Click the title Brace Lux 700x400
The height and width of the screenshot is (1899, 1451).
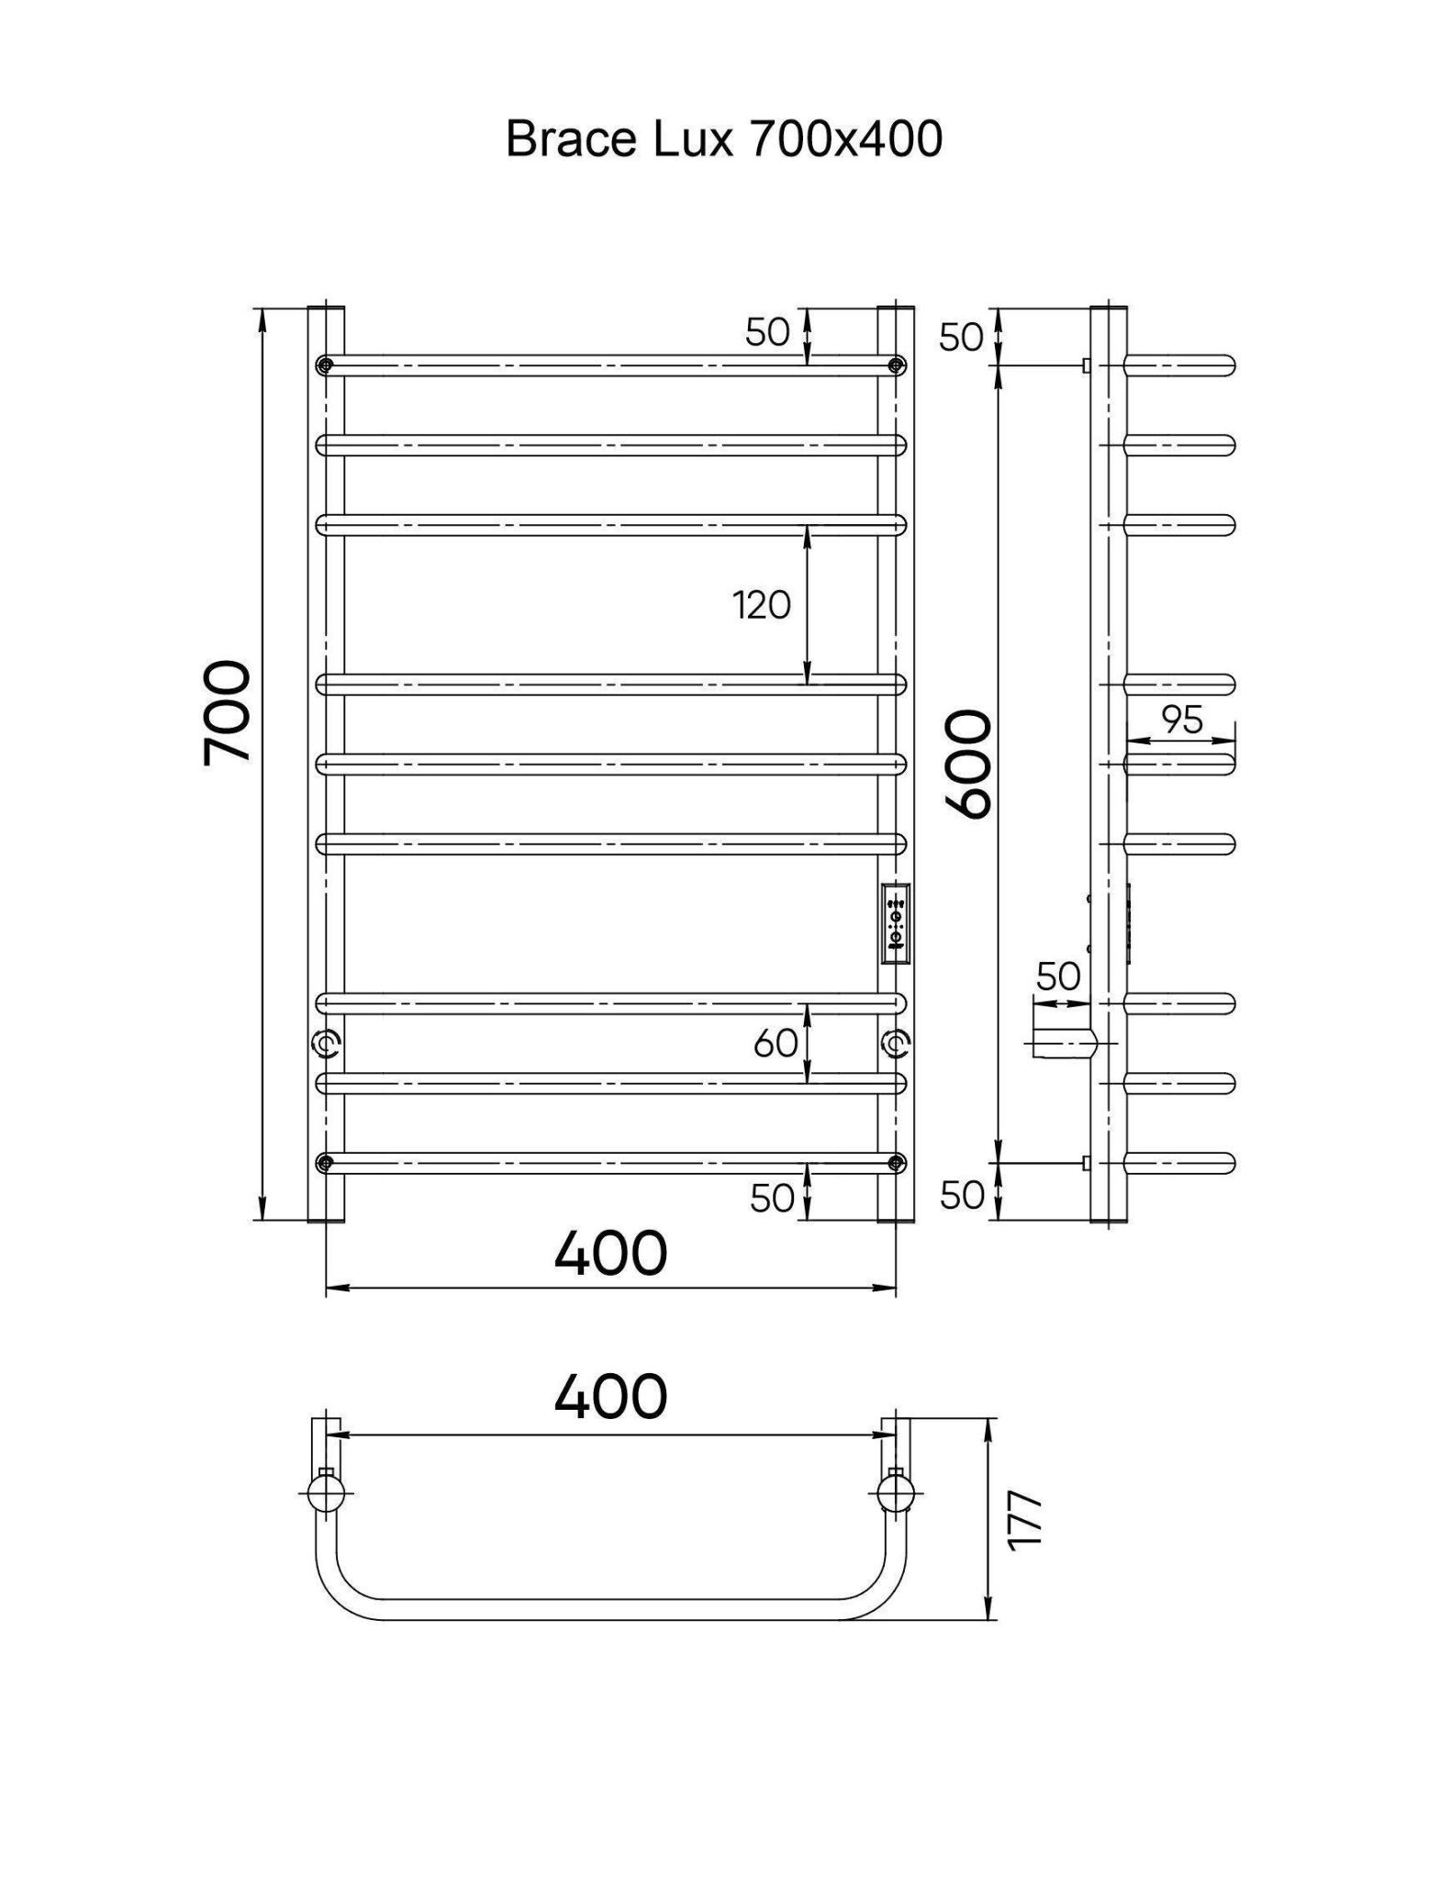724,140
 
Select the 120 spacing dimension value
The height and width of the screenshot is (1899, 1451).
761,606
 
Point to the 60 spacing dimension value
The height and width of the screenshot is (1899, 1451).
776,1043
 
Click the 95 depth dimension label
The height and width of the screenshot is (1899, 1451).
1182,720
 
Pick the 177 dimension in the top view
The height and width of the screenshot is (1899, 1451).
1025,1521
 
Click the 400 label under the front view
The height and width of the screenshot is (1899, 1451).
610,1253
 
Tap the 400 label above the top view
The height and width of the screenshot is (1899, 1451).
610,1396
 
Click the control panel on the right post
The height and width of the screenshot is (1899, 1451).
896,924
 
